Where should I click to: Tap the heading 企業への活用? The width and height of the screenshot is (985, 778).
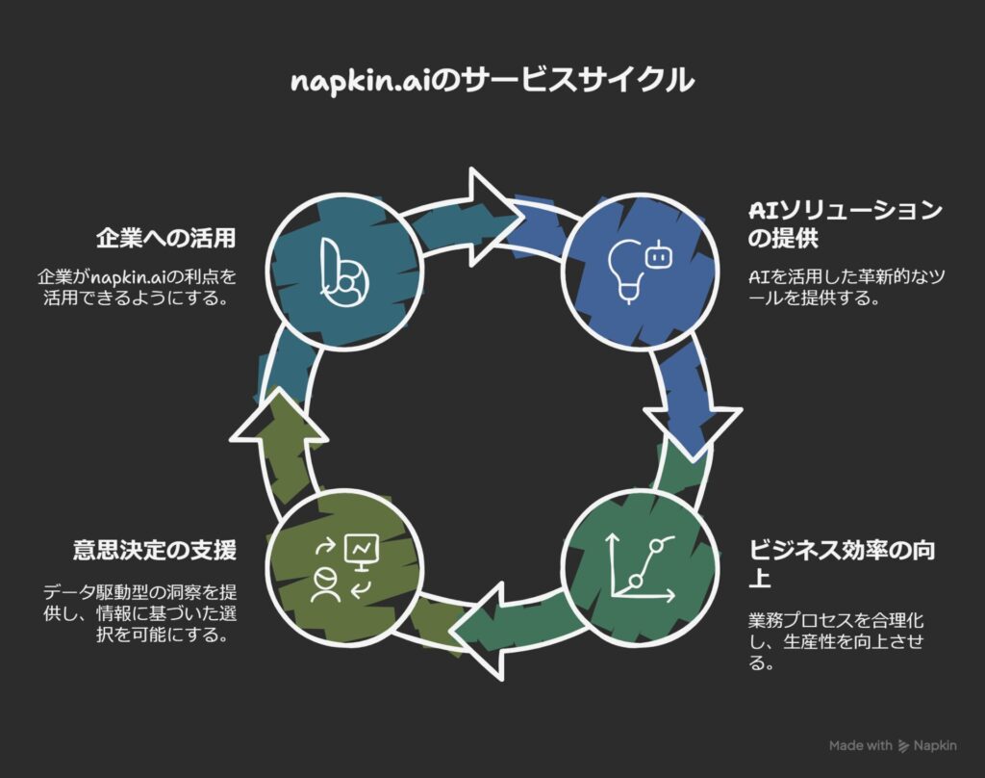point(165,238)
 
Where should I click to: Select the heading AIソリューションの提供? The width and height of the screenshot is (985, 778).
point(846,223)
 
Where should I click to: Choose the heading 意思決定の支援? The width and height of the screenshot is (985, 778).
point(155,550)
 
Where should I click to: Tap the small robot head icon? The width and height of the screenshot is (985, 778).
point(659,255)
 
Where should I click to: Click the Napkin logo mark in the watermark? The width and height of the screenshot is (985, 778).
point(903,745)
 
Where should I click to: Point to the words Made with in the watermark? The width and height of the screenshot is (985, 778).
point(860,745)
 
